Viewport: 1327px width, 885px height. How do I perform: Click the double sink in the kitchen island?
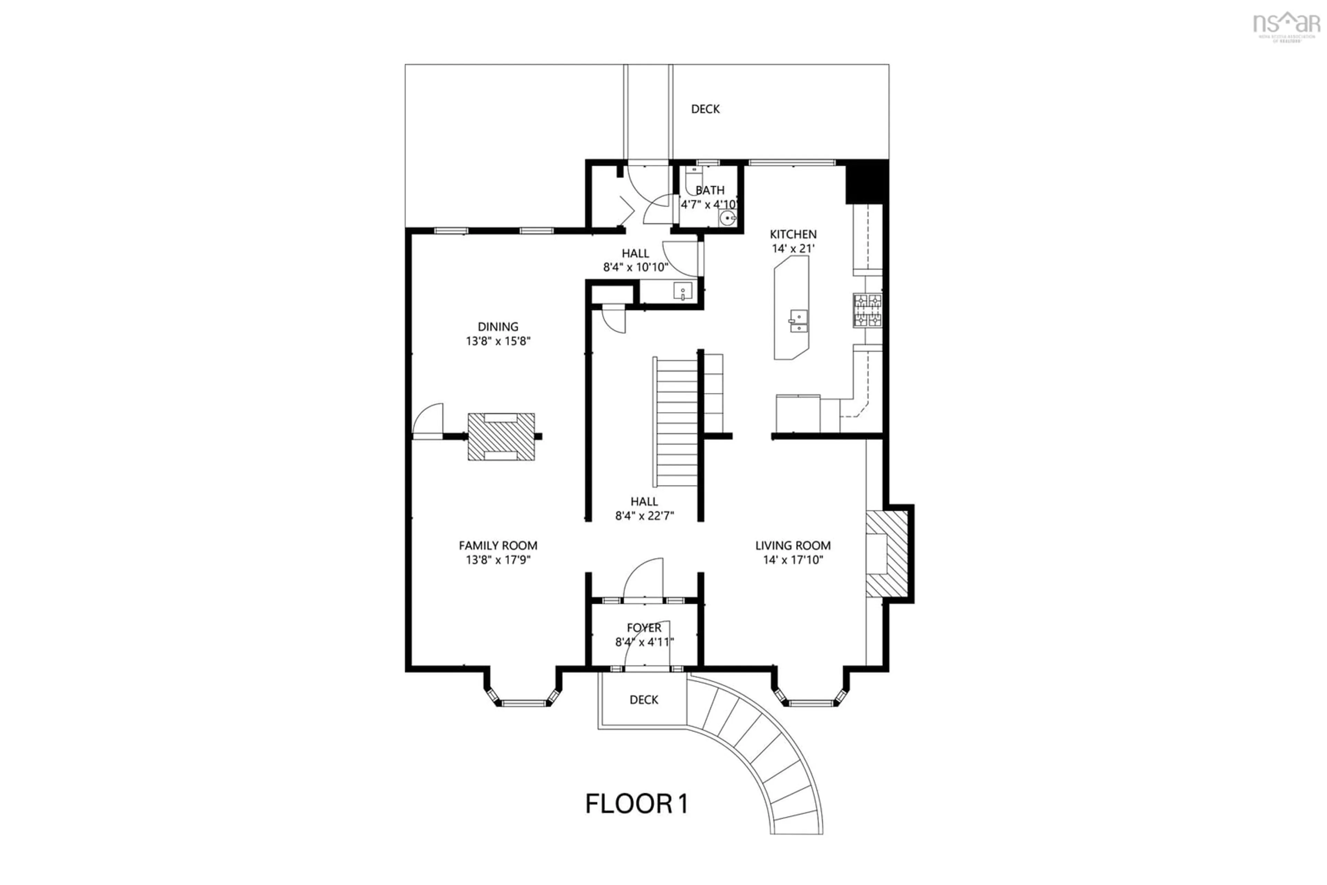click(798, 321)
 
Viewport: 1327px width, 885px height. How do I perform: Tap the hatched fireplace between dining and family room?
click(501, 436)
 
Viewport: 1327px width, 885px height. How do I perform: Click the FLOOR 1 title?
click(636, 804)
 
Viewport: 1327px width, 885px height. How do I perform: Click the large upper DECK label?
click(705, 109)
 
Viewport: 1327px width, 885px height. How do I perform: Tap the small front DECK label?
click(643, 700)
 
